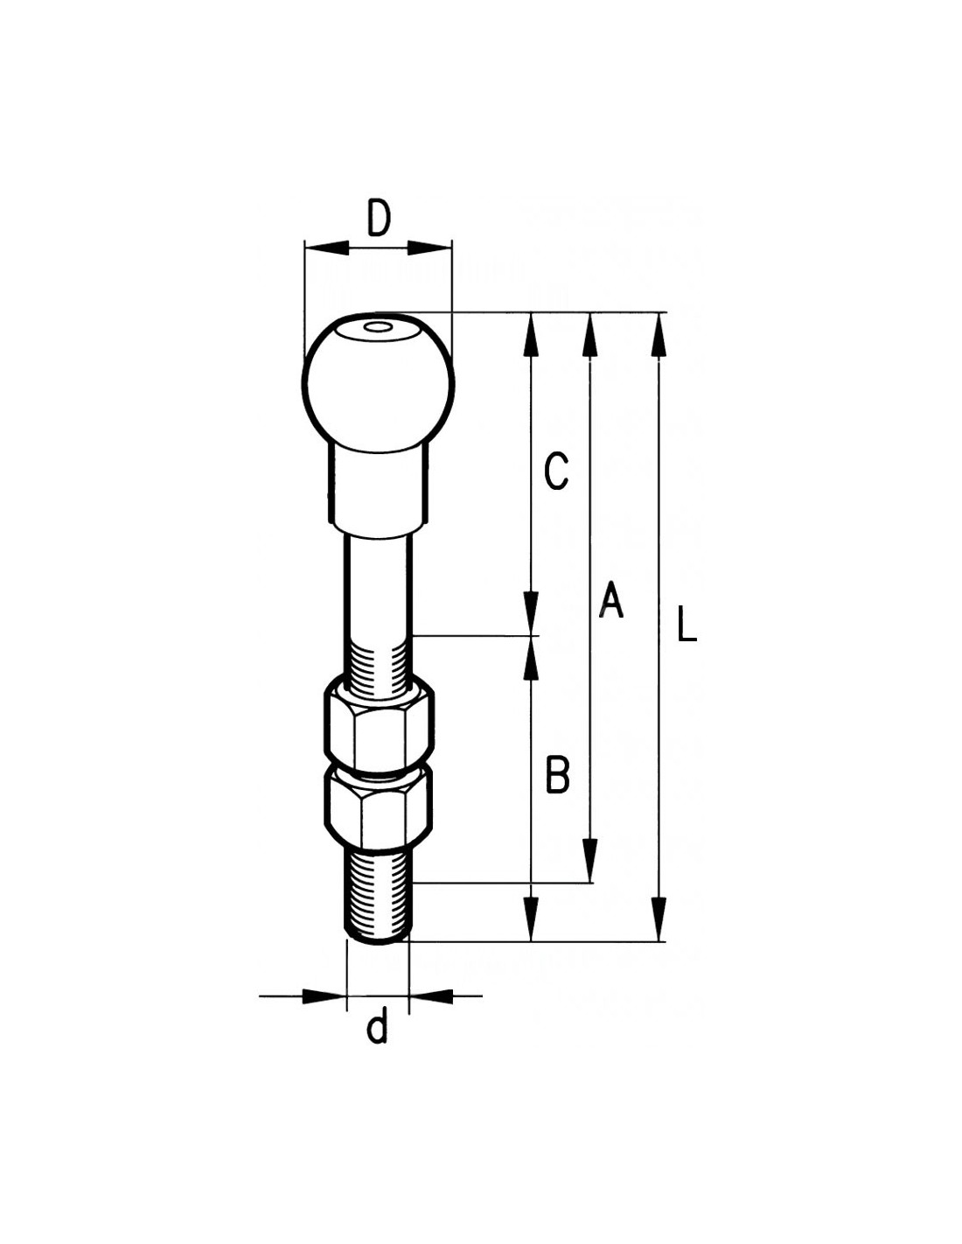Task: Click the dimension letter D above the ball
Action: (379, 219)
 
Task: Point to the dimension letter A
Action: (610, 600)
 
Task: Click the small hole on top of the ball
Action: (377, 329)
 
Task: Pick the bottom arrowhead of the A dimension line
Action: (590, 859)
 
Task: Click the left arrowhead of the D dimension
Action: (327, 248)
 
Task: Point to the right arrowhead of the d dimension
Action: (431, 996)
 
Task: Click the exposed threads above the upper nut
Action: (378, 661)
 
